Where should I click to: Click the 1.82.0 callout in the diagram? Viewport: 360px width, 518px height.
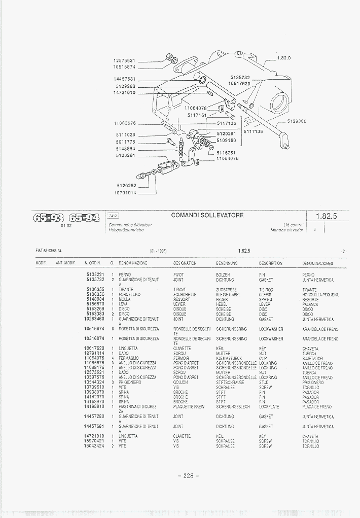284,58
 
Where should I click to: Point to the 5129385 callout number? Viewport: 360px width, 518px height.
297,121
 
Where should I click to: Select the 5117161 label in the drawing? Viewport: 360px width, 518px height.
197,115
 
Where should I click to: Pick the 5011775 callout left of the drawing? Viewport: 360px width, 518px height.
125,142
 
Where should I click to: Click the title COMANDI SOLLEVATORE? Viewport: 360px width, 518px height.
207,215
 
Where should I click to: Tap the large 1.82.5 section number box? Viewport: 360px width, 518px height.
326,216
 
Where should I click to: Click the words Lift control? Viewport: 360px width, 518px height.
294,225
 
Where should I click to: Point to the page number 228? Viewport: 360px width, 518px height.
188,476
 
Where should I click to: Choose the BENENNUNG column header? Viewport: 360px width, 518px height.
227,263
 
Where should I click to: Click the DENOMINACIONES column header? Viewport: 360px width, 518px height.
317,264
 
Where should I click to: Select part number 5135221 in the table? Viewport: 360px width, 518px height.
95,274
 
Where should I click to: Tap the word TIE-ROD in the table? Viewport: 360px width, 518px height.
266,290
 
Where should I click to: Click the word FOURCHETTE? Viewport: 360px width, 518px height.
184,294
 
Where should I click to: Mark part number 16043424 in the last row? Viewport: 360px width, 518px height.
94,446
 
